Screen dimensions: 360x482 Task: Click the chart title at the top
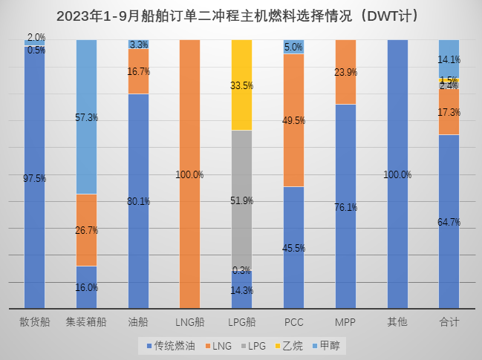[x=241, y=15]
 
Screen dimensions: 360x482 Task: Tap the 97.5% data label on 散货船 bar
[x=35, y=178]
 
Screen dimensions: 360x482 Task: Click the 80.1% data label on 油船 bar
[x=139, y=200]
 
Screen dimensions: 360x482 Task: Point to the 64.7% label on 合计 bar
[x=449, y=221]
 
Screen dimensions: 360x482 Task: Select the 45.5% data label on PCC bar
[x=294, y=248]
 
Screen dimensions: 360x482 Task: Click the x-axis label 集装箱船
[x=87, y=321]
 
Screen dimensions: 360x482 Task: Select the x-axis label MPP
[x=346, y=321]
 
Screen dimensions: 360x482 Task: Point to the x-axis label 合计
[x=449, y=321]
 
